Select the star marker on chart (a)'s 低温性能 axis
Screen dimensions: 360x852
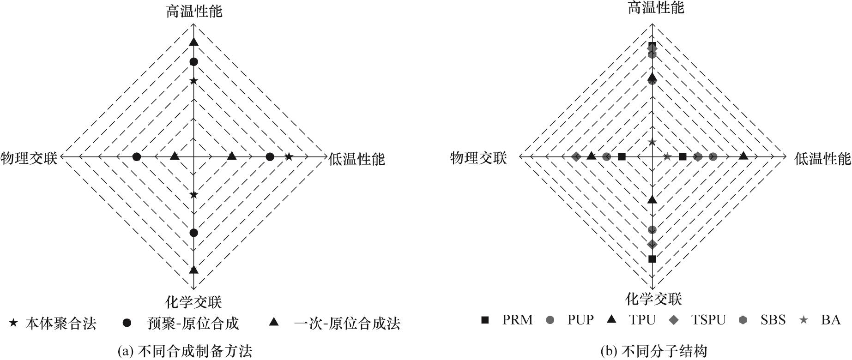pyautogui.click(x=289, y=157)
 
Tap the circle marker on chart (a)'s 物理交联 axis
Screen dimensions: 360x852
pyautogui.click(x=137, y=157)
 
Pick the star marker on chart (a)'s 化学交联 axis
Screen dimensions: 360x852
pyautogui.click(x=193, y=195)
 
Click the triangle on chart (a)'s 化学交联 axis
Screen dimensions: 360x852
pyautogui.click(x=193, y=270)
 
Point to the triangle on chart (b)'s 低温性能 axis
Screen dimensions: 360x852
pyautogui.click(x=743, y=156)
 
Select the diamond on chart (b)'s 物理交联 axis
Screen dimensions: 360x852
pyautogui.click(x=576, y=157)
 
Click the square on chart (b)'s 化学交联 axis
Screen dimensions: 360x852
pyautogui.click(x=652, y=259)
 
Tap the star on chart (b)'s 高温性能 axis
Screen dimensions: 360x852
pyautogui.click(x=652, y=142)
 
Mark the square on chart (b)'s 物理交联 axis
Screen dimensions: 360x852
pyautogui.click(x=622, y=157)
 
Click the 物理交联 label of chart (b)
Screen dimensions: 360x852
pyautogui.click(x=478, y=158)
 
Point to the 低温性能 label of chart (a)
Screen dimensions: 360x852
pyautogui.click(x=357, y=159)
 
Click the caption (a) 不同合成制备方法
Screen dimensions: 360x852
pyautogui.click(x=185, y=352)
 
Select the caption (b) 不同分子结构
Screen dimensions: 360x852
pyautogui.click(x=654, y=352)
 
